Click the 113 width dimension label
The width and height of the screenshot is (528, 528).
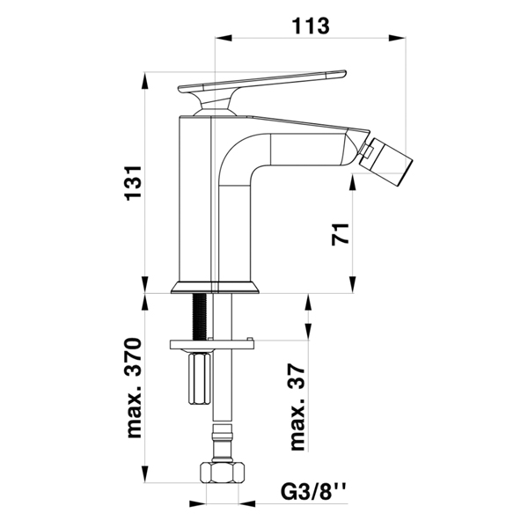pyautogui.click(x=310, y=26)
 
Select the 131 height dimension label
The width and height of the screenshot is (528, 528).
pyautogui.click(x=134, y=183)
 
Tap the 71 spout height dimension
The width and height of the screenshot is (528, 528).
pyautogui.click(x=341, y=234)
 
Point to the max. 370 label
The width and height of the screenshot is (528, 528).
pyautogui.click(x=134, y=388)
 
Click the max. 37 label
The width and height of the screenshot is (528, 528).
pyautogui.click(x=298, y=407)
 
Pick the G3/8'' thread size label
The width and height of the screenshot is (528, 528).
pyautogui.click(x=314, y=493)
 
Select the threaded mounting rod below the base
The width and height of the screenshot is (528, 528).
pyautogui.click(x=199, y=317)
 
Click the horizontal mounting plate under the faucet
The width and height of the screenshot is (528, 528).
pyautogui.click(x=212, y=344)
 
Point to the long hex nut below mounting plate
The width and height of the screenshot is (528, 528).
pyautogui.click(x=200, y=378)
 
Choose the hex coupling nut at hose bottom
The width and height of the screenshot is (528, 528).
pyautogui.click(x=222, y=473)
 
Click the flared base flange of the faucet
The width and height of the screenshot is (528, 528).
pyautogui.click(x=216, y=287)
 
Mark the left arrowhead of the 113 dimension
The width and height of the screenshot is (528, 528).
pyautogui.click(x=224, y=37)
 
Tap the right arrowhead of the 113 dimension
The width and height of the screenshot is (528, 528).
pyautogui.click(x=397, y=37)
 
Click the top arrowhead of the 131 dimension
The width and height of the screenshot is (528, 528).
pyautogui.click(x=145, y=81)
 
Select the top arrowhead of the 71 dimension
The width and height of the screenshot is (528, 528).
pyautogui.click(x=353, y=183)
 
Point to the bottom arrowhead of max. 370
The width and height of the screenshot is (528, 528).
pyautogui.click(x=145, y=474)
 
